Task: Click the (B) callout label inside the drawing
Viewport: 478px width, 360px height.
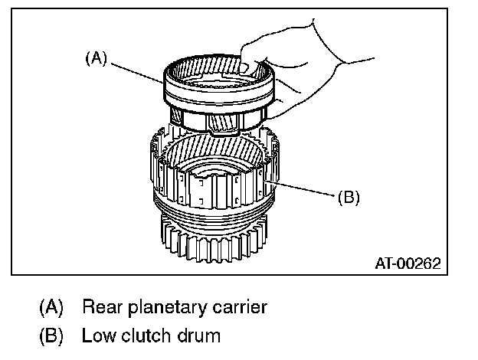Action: pos(348,197)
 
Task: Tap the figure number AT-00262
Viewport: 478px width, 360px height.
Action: pos(408,263)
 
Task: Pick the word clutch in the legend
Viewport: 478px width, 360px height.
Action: pos(144,335)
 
